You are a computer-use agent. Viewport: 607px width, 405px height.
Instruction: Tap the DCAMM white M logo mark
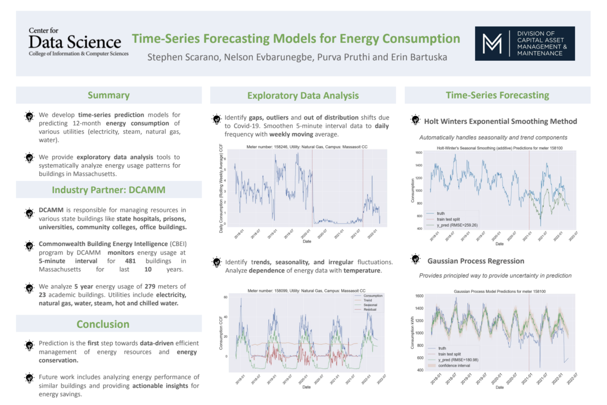(492, 44)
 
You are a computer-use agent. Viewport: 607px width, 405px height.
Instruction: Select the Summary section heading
(109, 95)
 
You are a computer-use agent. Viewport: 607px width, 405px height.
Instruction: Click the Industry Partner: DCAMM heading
(109, 190)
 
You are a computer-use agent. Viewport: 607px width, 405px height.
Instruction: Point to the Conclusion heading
(103, 324)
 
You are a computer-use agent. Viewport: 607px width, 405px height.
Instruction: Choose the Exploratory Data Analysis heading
(303, 95)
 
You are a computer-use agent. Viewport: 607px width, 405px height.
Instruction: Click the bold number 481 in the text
(130, 261)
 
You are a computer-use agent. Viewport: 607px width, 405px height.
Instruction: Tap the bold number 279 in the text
(150, 286)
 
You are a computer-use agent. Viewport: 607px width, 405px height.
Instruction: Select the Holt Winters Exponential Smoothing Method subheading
(500, 121)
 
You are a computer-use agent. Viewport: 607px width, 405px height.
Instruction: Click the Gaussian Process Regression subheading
(475, 261)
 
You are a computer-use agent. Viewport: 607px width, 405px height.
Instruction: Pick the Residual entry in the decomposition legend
(370, 310)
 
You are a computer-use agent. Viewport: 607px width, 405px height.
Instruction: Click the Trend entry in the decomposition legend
(367, 300)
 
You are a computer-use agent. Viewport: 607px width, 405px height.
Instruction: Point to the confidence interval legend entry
(454, 366)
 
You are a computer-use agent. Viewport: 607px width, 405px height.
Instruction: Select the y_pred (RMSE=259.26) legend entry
(457, 225)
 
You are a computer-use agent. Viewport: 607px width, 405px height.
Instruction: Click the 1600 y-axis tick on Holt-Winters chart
(418, 153)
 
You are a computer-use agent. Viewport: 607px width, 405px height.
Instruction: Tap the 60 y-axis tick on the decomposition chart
(225, 297)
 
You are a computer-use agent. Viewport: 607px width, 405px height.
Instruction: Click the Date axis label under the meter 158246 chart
(307, 241)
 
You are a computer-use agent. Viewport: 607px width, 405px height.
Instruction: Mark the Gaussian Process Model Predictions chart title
(499, 291)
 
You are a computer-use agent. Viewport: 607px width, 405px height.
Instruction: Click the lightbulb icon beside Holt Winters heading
(415, 120)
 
